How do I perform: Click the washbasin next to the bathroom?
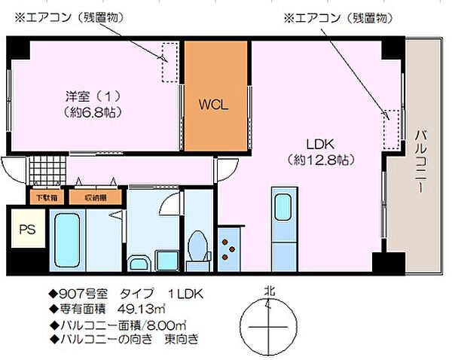click(x=140, y=263)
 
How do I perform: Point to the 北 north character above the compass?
click(x=269, y=289)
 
